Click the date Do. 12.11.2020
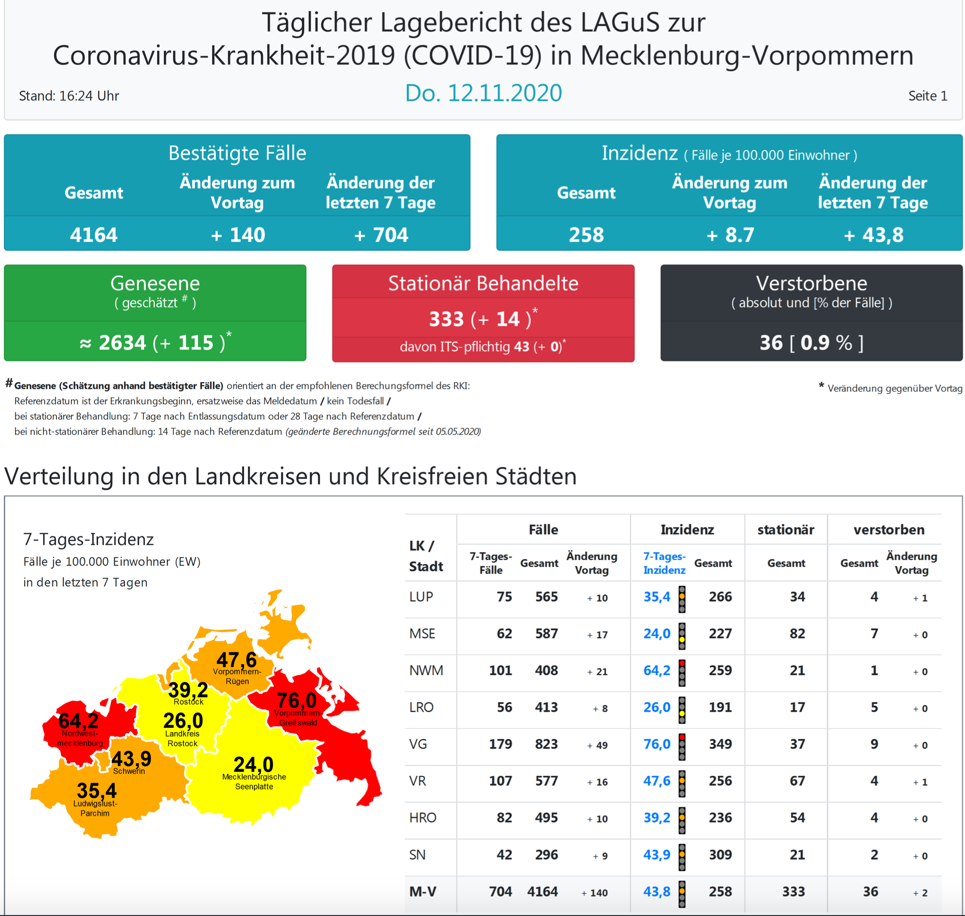tap(483, 93)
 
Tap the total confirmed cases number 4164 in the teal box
tap(93, 235)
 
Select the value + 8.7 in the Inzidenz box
tap(730, 235)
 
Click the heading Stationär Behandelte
tap(483, 283)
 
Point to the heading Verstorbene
tap(811, 283)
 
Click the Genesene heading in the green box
tap(155, 283)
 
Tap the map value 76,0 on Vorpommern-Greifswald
tap(296, 700)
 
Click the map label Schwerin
tap(129, 771)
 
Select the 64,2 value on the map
tap(78, 721)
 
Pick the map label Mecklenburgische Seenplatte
tap(254, 781)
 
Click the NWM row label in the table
tap(426, 670)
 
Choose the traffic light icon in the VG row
tap(682, 747)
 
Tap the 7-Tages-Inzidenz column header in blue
tap(664, 563)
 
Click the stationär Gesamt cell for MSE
tap(797, 634)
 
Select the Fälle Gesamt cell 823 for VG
tap(546, 744)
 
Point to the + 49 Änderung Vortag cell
tap(598, 745)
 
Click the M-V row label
tap(423, 891)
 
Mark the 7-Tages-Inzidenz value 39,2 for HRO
tap(656, 818)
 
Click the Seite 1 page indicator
tap(927, 96)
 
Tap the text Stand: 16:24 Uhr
tap(69, 96)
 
